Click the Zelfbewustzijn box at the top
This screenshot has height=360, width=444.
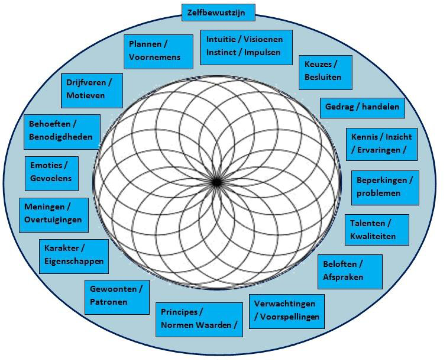point(218,13)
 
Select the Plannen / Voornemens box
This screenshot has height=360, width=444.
point(158,51)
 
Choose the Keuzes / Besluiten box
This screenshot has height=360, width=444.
point(325,72)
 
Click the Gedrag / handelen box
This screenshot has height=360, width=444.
point(362,108)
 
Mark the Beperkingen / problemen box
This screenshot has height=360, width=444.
point(385,188)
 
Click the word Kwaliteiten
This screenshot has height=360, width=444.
point(373,236)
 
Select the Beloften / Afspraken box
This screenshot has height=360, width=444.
point(350,271)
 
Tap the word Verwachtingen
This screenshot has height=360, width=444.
point(285,304)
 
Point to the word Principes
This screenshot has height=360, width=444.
point(179,312)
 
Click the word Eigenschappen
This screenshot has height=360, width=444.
point(74,261)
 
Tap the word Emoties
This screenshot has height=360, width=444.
point(46,165)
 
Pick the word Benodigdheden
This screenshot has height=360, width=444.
point(61,137)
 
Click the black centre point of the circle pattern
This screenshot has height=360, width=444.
point(216,181)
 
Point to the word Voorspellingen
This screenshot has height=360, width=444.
point(290,317)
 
